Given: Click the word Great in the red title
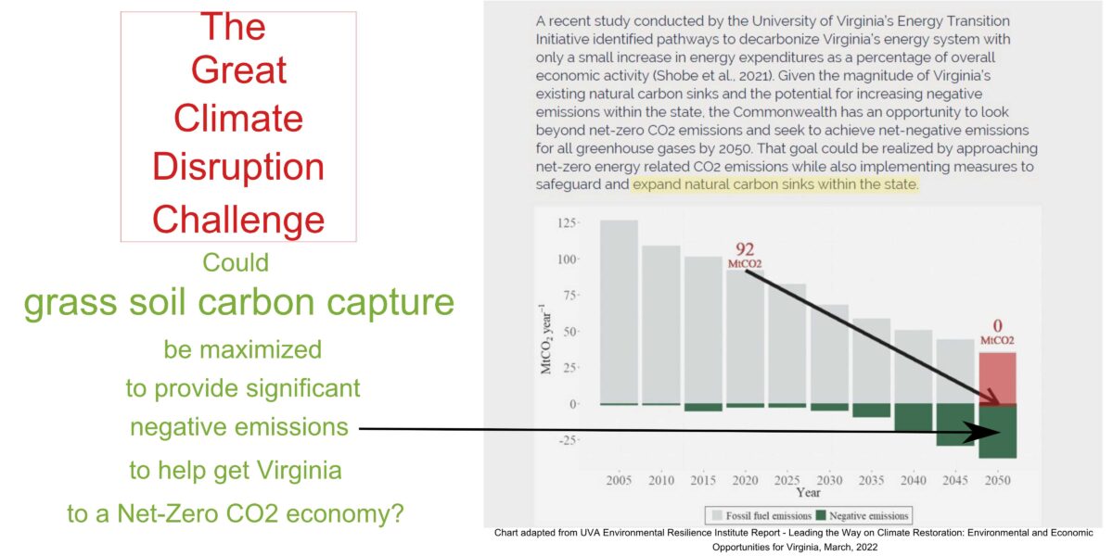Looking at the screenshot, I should click(x=238, y=70).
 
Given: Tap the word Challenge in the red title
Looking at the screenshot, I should click(x=238, y=219).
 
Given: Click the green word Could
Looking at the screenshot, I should click(x=236, y=262).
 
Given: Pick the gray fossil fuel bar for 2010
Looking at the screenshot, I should click(x=661, y=324).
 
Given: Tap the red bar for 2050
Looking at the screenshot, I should click(x=997, y=378).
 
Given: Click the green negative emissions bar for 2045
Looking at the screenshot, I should click(x=955, y=424).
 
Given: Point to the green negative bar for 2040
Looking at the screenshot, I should click(x=914, y=417).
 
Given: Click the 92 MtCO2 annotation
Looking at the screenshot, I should click(x=745, y=255).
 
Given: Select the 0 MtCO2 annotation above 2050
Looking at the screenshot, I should click(x=997, y=333).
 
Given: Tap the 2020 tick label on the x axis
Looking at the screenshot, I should click(x=745, y=481).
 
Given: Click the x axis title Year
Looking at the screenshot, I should click(x=807, y=493).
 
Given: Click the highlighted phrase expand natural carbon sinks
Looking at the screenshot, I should click(x=774, y=184).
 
